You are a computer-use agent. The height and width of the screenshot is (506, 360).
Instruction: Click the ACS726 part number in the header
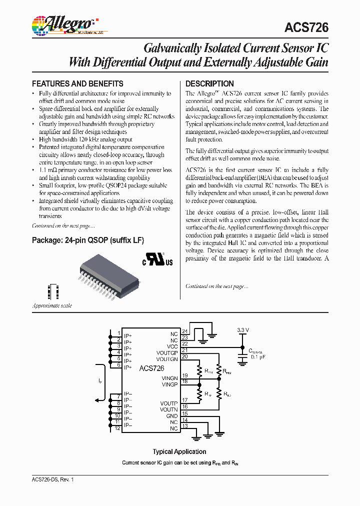click(x=305, y=27)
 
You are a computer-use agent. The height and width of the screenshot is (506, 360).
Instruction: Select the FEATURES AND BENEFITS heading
click(x=77, y=83)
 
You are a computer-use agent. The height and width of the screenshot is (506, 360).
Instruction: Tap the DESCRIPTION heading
click(x=209, y=83)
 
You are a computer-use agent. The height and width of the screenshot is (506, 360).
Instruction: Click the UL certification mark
click(x=158, y=261)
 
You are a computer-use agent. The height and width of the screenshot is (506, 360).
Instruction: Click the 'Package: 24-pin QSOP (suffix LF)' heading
click(x=88, y=240)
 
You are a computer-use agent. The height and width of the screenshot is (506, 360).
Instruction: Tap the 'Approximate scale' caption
click(x=52, y=305)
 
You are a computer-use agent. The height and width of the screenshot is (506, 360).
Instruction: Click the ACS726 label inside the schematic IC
click(x=150, y=368)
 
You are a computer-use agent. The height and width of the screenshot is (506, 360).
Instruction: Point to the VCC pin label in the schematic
click(x=172, y=346)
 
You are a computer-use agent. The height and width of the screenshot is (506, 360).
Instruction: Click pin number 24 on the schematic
click(x=184, y=331)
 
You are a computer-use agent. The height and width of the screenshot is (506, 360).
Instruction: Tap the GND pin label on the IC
click(x=172, y=416)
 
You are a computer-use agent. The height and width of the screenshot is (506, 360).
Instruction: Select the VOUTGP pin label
click(x=167, y=352)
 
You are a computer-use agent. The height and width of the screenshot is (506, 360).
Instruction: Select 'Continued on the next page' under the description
click(x=216, y=286)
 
